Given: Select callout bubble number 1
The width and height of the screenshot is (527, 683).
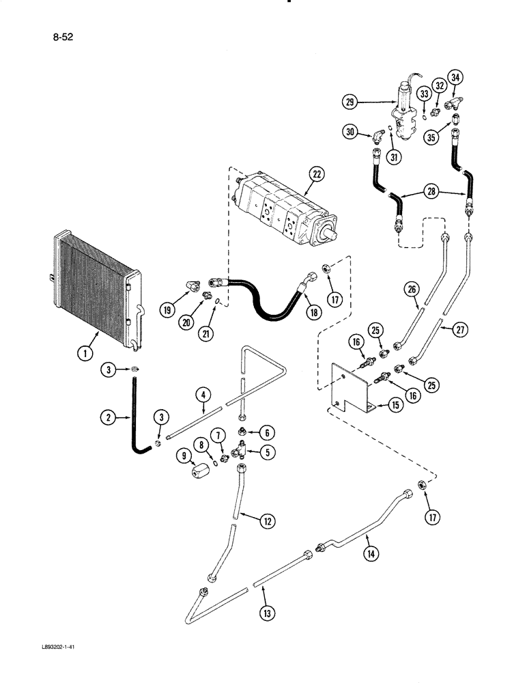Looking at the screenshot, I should (x=85, y=354).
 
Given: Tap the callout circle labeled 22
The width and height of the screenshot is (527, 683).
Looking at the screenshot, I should (x=315, y=174).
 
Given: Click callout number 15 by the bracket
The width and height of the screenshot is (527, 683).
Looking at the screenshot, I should (x=394, y=405).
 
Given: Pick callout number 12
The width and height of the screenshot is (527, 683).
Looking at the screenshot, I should (x=268, y=520).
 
